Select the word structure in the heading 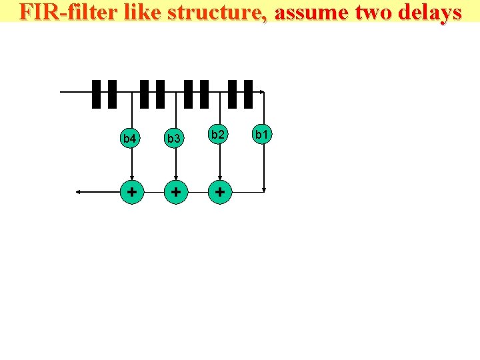pyautogui.click(x=211, y=12)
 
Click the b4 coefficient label pyautogui.click(x=130, y=139)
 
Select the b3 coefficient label pyautogui.click(x=174, y=139)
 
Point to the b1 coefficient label pyautogui.click(x=262, y=135)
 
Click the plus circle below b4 pyautogui.click(x=132, y=192)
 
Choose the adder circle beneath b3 pyautogui.click(x=175, y=192)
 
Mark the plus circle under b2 pyautogui.click(x=219, y=192)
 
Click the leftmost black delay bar pyautogui.click(x=96, y=94)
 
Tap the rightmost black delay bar pyautogui.click(x=248, y=94)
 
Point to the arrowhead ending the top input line pyautogui.click(x=263, y=91)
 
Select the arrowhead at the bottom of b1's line pyautogui.click(x=265, y=189)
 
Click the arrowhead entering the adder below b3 pyautogui.click(x=175, y=178)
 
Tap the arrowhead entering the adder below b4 pyautogui.click(x=132, y=178)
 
